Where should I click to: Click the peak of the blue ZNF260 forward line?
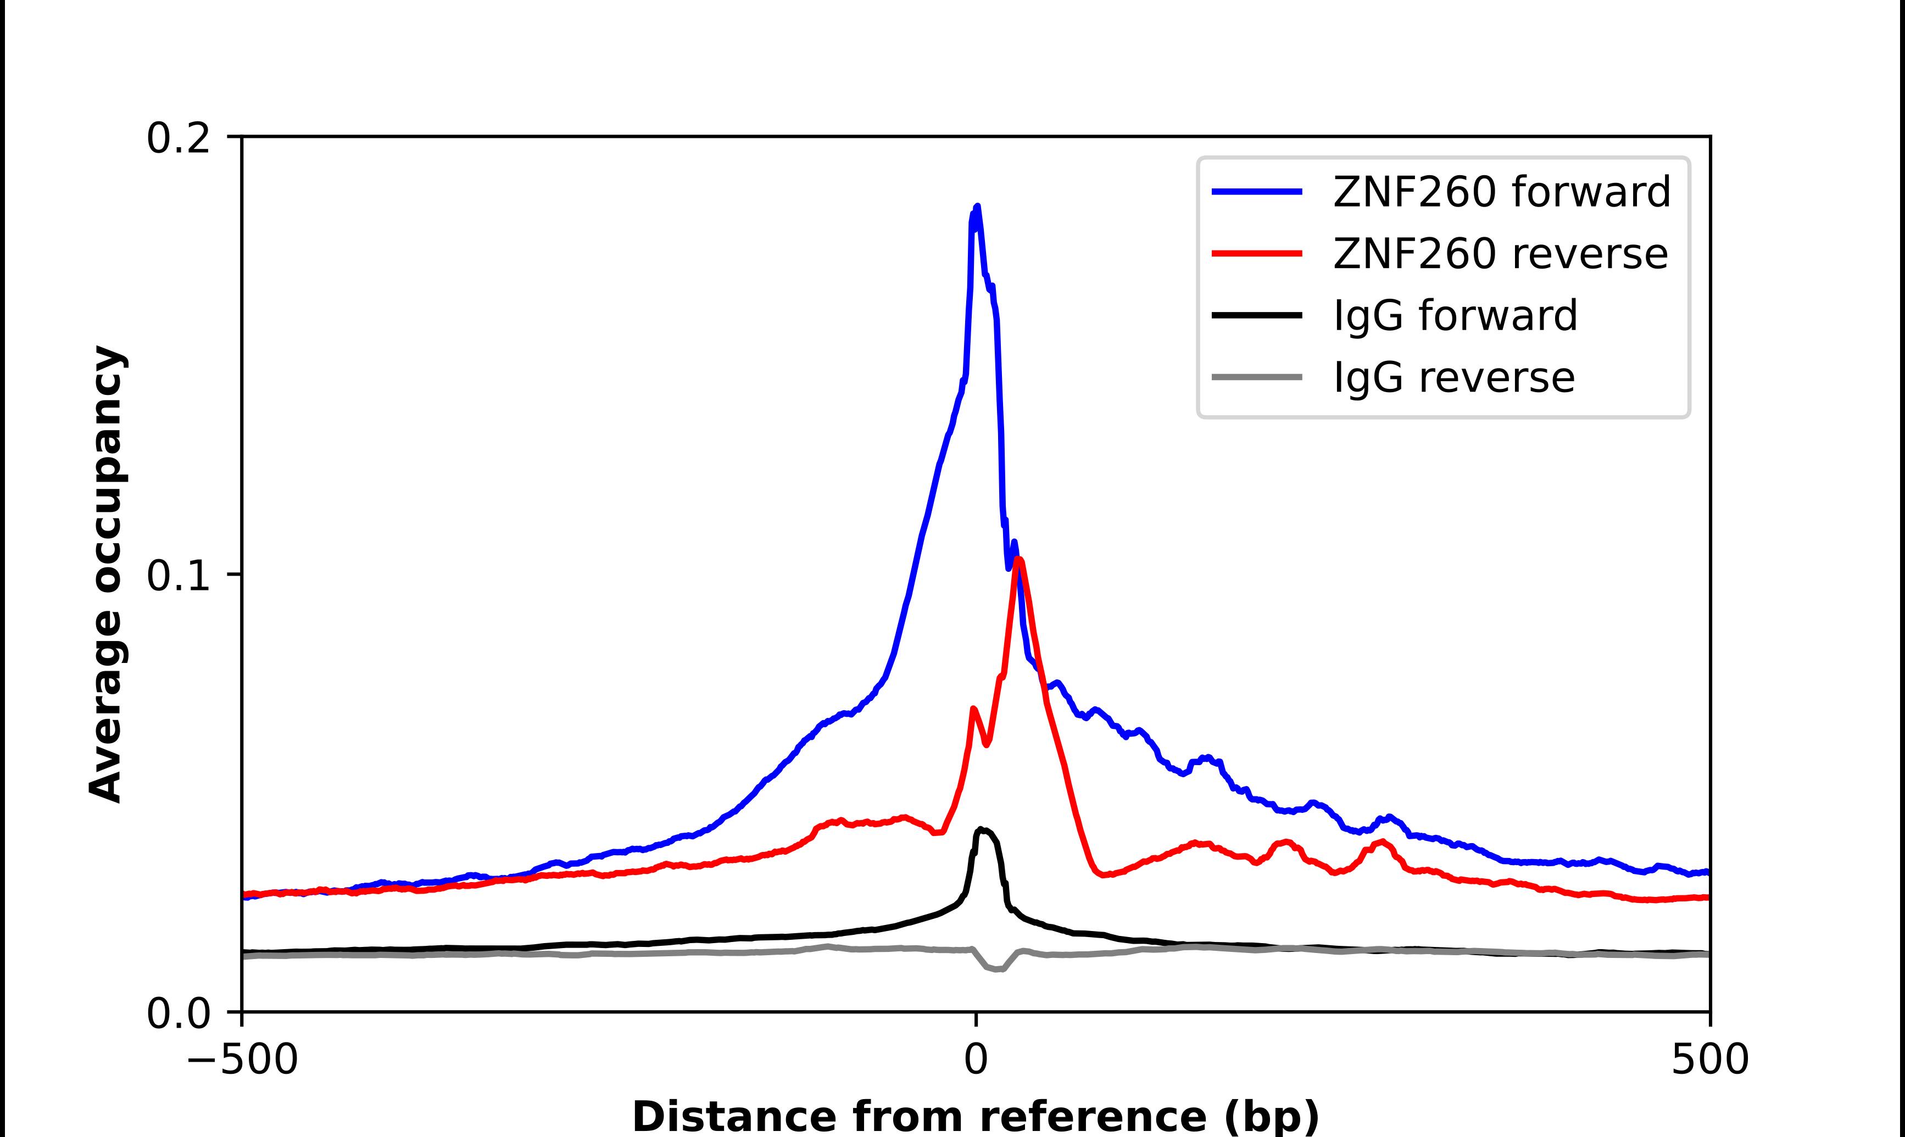(x=977, y=207)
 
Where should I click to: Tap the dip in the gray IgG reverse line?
(x=998, y=969)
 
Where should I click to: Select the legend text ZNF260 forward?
(x=1501, y=192)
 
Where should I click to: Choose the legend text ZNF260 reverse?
(x=1500, y=254)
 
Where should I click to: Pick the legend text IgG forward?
(x=1455, y=316)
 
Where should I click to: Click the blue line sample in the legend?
(x=1256, y=192)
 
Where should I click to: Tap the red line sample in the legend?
(x=1256, y=254)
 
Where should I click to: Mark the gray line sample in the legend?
(x=1256, y=377)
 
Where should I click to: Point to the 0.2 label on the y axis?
(x=178, y=138)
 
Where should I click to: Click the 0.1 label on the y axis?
(x=178, y=576)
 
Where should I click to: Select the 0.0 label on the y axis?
(x=178, y=1013)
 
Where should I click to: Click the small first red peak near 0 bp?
(x=973, y=710)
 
